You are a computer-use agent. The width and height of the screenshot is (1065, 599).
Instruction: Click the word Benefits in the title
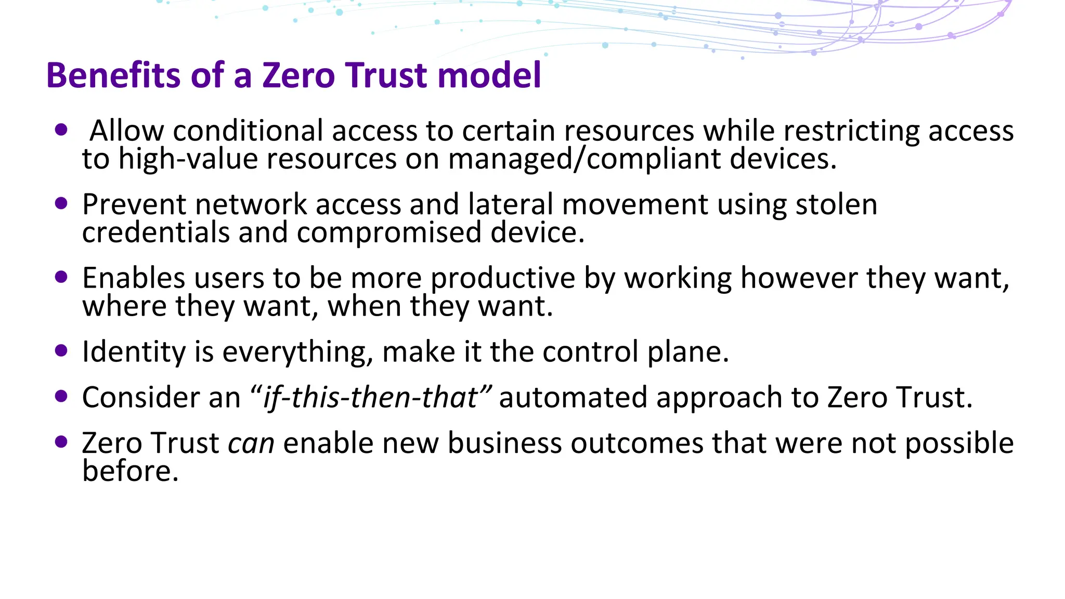[x=114, y=75]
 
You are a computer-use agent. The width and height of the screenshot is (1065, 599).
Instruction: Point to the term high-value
[x=188, y=159]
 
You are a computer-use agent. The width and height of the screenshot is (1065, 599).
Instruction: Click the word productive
[x=502, y=279]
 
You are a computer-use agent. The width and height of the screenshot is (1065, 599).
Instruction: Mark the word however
[x=799, y=278]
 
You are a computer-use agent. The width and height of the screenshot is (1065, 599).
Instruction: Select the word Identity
[x=134, y=353]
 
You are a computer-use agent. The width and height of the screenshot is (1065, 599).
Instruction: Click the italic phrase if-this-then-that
[x=370, y=398]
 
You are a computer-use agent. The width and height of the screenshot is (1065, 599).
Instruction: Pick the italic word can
[x=251, y=444]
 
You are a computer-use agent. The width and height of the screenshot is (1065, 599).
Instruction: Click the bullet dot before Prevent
[x=61, y=203]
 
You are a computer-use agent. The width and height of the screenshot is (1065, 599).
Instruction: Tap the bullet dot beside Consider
[x=61, y=397]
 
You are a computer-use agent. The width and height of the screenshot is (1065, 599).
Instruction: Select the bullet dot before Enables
[x=61, y=277]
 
